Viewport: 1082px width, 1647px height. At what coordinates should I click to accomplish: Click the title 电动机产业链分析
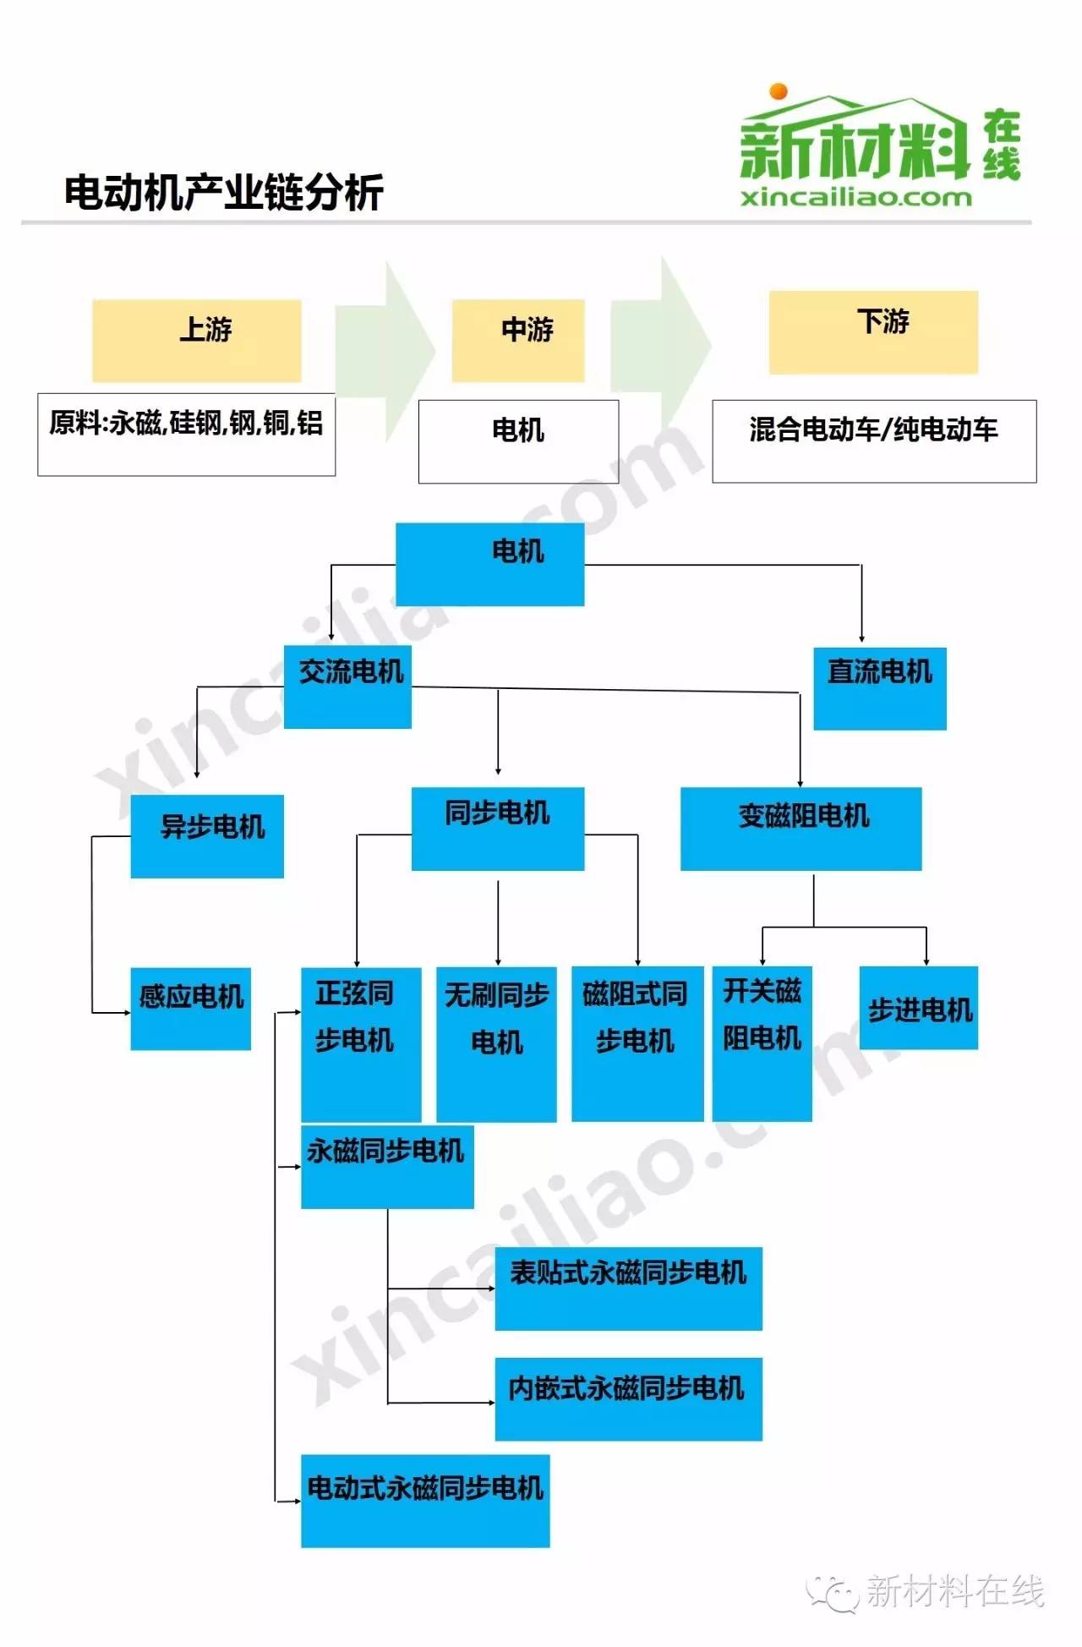224,192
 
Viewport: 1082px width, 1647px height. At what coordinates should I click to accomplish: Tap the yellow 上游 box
197,340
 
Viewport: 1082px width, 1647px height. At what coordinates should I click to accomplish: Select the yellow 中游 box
518,340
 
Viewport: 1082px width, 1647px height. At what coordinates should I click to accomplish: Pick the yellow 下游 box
873,332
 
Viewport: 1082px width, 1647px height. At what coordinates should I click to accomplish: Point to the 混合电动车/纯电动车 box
874,441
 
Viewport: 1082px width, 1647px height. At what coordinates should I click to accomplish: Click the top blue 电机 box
490,564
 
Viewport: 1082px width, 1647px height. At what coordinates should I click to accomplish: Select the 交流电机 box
347,687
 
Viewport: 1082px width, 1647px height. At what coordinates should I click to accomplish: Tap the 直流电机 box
880,688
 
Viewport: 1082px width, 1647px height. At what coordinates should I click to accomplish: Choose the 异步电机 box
207,836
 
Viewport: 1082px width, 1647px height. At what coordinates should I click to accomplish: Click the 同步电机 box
498,829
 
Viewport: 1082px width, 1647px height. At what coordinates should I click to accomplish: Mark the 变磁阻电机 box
801,829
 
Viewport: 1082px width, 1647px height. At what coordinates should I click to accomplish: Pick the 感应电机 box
190,1009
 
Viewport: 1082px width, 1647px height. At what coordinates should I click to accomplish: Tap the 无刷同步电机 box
496,1044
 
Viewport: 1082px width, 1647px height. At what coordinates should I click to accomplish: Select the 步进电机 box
919,1008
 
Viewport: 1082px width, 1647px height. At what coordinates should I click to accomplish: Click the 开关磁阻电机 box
762,1044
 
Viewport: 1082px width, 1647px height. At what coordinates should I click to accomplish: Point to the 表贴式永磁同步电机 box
629,1289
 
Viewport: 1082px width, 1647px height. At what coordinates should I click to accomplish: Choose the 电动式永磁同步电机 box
425,1501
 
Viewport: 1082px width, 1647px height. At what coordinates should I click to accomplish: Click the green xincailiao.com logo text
856,198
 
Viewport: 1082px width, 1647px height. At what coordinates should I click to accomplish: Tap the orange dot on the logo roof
779,91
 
